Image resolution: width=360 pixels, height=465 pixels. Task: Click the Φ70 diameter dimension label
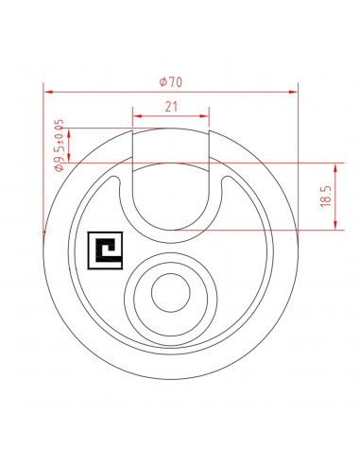click(170, 82)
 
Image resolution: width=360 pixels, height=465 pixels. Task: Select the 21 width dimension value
click(171, 107)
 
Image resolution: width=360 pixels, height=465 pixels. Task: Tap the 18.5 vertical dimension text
click(326, 196)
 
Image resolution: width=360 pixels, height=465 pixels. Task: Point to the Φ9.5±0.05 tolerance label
click(60, 145)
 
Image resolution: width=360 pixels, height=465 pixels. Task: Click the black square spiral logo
click(105, 250)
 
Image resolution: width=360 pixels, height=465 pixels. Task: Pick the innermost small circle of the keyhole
click(171, 293)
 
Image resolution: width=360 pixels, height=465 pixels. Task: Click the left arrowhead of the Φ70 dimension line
click(48, 92)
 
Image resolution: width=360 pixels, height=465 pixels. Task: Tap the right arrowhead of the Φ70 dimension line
click(293, 92)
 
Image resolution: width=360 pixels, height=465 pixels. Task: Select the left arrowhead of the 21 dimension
click(137, 116)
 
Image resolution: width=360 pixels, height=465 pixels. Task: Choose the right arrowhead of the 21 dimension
click(205, 116)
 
